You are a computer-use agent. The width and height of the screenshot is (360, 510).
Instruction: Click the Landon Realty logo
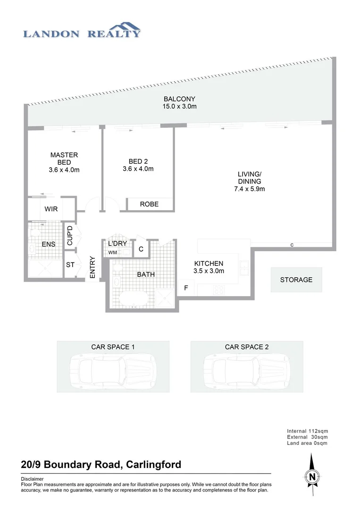[x=82, y=30]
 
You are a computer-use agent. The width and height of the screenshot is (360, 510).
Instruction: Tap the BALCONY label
[x=179, y=99]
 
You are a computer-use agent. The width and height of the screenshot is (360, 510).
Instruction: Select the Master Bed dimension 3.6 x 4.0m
[x=64, y=170]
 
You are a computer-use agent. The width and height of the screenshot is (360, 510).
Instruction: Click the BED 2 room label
[x=137, y=161]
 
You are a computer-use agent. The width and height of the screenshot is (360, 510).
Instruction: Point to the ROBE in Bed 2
[x=149, y=204]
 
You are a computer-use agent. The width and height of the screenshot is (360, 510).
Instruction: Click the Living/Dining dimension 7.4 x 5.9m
[x=249, y=189]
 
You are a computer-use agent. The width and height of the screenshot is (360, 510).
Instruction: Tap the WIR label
[x=51, y=209]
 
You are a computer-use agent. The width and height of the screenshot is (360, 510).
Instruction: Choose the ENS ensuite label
[x=49, y=244]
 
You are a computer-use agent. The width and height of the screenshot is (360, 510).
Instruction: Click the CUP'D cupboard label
[x=70, y=235]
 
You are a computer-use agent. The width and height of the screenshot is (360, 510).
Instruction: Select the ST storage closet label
[x=70, y=265]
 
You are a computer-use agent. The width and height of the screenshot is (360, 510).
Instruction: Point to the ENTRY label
[x=92, y=267]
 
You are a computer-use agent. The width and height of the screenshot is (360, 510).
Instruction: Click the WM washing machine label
[x=112, y=253]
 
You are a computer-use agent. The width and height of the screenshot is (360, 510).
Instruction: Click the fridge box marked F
[x=186, y=287]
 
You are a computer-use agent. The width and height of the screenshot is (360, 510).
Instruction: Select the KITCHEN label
[x=208, y=263]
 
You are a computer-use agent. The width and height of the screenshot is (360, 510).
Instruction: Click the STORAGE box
[x=296, y=280]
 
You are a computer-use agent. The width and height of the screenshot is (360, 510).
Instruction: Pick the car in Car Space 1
[x=113, y=369]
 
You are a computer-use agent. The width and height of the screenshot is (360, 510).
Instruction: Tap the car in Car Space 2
[x=246, y=369]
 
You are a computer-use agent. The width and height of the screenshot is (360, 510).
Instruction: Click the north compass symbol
[x=311, y=476]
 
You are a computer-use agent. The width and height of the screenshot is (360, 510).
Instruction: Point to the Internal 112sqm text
[x=307, y=431]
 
